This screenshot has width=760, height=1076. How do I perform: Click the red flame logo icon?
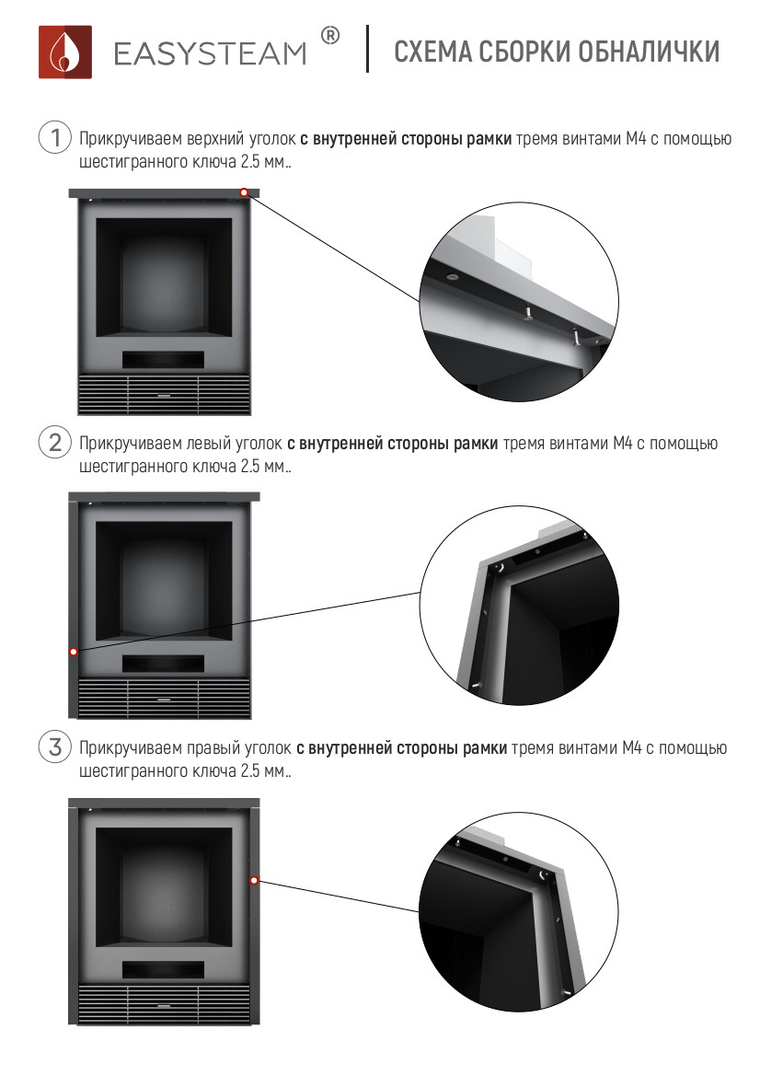click(65, 52)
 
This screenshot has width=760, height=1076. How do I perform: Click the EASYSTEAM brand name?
click(210, 54)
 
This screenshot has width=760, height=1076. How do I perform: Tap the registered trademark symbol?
click(330, 37)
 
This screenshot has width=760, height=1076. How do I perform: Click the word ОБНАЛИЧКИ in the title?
click(649, 52)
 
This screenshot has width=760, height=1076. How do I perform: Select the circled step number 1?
click(55, 137)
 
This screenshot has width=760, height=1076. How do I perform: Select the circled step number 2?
click(55, 442)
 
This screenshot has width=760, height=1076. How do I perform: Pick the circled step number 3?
click(55, 746)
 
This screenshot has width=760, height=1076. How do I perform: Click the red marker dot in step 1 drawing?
click(244, 192)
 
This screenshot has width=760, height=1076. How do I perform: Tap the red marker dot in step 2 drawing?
click(74, 652)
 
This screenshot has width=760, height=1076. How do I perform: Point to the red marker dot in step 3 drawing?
click(254, 881)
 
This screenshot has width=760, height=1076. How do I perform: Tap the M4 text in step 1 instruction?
click(636, 139)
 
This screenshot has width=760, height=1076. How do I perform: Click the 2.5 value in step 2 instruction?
click(250, 467)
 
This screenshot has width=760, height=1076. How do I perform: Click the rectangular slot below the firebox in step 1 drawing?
click(163, 360)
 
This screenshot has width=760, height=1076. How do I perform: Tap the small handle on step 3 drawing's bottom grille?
click(163, 1006)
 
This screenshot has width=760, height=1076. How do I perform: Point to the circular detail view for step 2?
click(519, 606)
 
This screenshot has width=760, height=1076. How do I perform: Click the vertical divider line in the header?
click(368, 49)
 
